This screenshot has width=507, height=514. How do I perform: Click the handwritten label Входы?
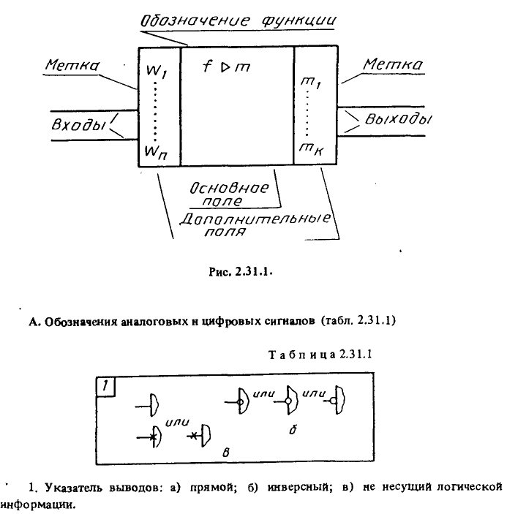(78, 124)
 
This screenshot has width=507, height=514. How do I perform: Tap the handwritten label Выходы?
(398, 119)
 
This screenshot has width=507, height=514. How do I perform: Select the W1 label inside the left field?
(157, 71)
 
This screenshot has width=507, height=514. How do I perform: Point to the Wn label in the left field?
(156, 152)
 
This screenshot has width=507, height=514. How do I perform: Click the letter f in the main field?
(206, 66)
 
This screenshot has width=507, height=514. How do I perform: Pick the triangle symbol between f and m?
(225, 67)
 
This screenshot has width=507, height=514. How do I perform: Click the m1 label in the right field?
(311, 83)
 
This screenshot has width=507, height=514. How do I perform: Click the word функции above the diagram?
(299, 20)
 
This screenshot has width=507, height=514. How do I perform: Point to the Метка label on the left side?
(72, 65)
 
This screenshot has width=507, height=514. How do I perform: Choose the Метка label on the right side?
(393, 64)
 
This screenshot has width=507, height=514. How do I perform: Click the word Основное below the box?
(229, 188)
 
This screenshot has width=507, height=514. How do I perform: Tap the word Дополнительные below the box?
(255, 219)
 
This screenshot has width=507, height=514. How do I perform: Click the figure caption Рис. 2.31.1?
(241, 272)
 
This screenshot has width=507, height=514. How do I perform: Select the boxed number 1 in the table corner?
(105, 387)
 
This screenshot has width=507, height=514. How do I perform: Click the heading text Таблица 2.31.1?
(320, 355)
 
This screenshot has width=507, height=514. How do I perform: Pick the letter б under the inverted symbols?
(293, 429)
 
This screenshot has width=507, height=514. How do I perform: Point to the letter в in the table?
(225, 453)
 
